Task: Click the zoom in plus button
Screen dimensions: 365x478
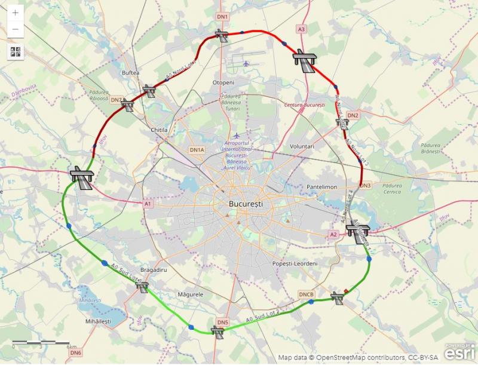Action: pyautogui.click(x=16, y=13)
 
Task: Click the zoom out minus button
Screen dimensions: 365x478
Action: pyautogui.click(x=16, y=29)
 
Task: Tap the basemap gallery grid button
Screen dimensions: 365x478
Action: pyautogui.click(x=16, y=51)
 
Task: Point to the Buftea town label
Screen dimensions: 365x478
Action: pyautogui.click(x=130, y=73)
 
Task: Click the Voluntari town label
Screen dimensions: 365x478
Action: pyautogui.click(x=302, y=146)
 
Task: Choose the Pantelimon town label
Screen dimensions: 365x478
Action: pyautogui.click(x=322, y=187)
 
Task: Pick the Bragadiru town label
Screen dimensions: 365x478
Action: pyautogui.click(x=152, y=269)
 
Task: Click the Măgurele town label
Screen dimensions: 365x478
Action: pyautogui.click(x=191, y=295)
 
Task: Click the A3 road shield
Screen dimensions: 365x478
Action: pyautogui.click(x=301, y=29)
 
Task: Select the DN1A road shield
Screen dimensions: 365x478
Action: pyautogui.click(x=197, y=150)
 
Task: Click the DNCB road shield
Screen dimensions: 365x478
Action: pyautogui.click(x=307, y=294)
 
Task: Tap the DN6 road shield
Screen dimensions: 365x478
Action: pyautogui.click(x=75, y=353)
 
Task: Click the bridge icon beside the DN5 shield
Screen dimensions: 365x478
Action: pyautogui.click(x=217, y=331)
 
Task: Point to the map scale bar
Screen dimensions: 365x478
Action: pyautogui.click(x=42, y=342)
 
